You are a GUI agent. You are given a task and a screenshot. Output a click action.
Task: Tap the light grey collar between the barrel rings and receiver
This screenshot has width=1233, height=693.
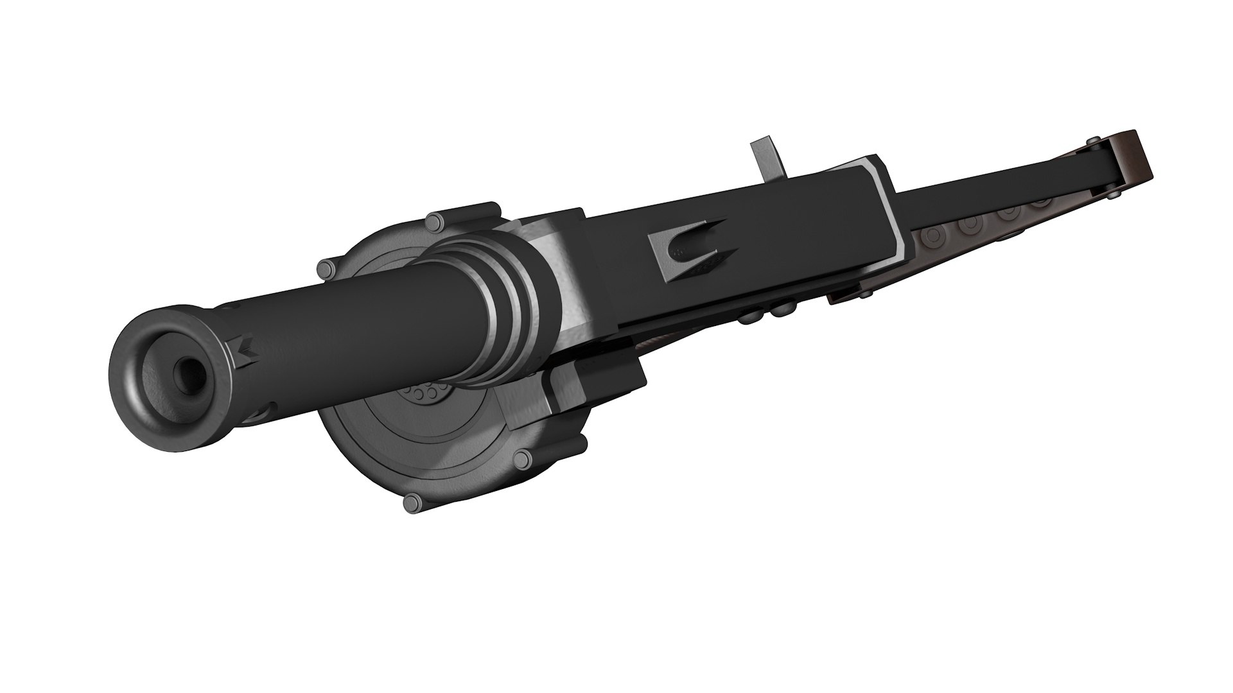(x=565, y=269)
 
